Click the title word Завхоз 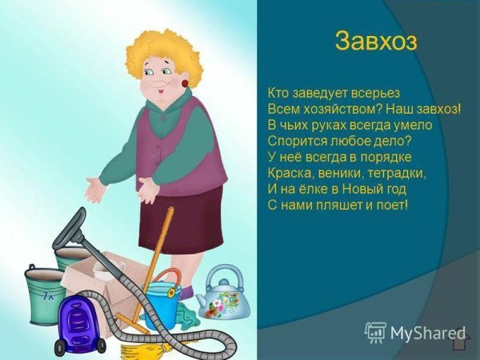point(376,41)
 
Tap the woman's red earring point(185,83)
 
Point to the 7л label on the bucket point(48,296)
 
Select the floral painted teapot point(222,292)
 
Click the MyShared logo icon point(374,333)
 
